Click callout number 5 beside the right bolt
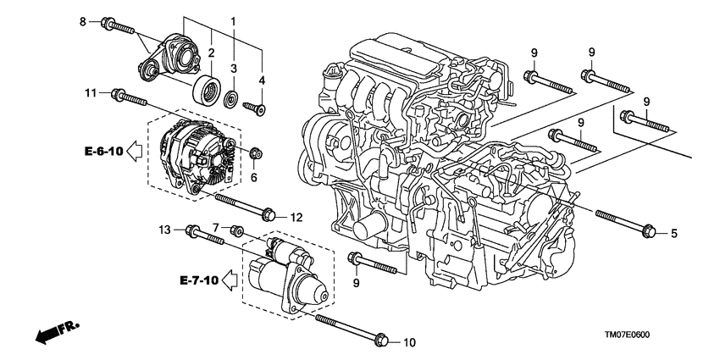[x=675, y=232]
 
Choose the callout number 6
[x=216, y=228]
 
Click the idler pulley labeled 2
[x=206, y=88]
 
